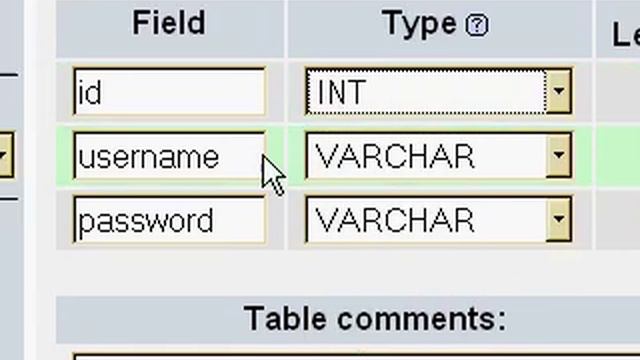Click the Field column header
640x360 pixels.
pos(169,23)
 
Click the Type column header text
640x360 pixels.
pos(419,24)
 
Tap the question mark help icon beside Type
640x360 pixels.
pos(477,25)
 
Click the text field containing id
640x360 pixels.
pos(169,92)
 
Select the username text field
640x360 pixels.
pos(169,156)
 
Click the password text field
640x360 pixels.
pos(169,220)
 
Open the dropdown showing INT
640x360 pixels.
pos(438,91)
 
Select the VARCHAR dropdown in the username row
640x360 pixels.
pos(438,155)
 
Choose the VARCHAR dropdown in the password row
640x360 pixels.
pos(438,219)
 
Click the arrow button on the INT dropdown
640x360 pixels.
pos(559,91)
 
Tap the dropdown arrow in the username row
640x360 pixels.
pos(559,155)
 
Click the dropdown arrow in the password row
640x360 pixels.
pos(559,219)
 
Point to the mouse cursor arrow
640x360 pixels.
pos(273,175)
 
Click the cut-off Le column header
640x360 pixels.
pos(626,35)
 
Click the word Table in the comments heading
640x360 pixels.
pos(285,318)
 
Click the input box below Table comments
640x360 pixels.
pos(356,356)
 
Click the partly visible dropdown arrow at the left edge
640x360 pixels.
pos(6,155)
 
